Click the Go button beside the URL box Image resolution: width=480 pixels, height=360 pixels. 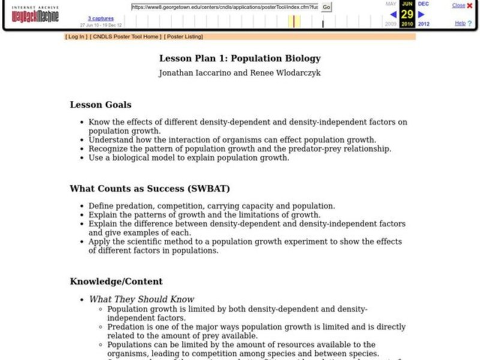[326, 7]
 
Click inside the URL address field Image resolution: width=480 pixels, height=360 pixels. [224, 7]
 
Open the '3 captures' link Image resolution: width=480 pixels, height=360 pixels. [100, 19]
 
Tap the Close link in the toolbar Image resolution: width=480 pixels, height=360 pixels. [459, 5]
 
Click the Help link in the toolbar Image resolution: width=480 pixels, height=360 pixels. [460, 23]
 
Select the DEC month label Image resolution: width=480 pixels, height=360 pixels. [424, 4]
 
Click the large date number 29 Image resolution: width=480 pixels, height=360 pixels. [407, 14]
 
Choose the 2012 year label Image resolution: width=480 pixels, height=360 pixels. [424, 24]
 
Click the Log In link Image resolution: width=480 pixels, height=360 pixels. [76, 37]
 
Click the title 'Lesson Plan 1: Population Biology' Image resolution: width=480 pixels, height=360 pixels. [240, 58]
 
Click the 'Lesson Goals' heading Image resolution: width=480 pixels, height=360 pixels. [101, 104]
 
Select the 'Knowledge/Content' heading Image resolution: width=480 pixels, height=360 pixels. [116, 281]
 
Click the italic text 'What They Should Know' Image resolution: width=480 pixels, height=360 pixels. [142, 299]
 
